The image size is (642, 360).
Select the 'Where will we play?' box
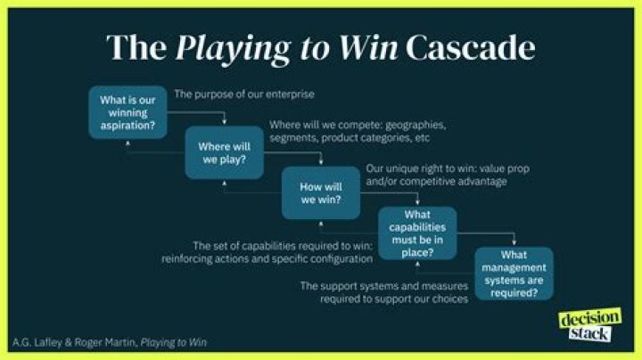tap(224, 151)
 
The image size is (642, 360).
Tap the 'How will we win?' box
tap(321, 192)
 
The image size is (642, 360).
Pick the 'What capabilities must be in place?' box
tap(417, 233)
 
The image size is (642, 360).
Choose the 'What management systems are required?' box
tap(514, 274)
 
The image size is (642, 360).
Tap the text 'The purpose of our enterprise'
tap(244, 93)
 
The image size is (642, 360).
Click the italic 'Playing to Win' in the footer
tap(180, 342)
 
